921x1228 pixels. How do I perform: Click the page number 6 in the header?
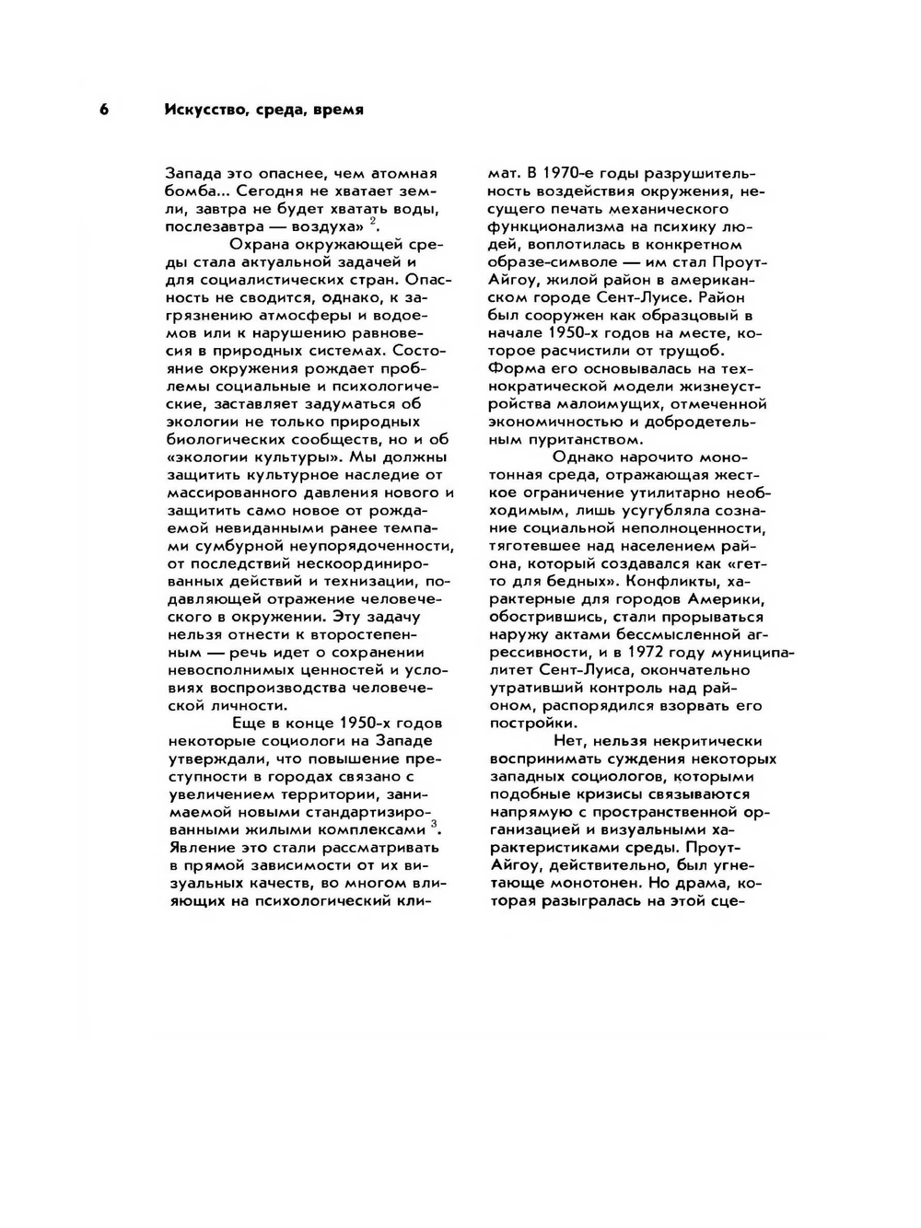pos(104,110)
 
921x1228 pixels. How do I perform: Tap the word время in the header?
pos(338,110)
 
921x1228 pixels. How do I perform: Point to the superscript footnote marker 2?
pos(373,221)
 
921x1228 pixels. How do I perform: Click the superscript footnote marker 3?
pos(435,823)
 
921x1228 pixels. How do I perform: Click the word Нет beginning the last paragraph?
pos(569,741)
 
